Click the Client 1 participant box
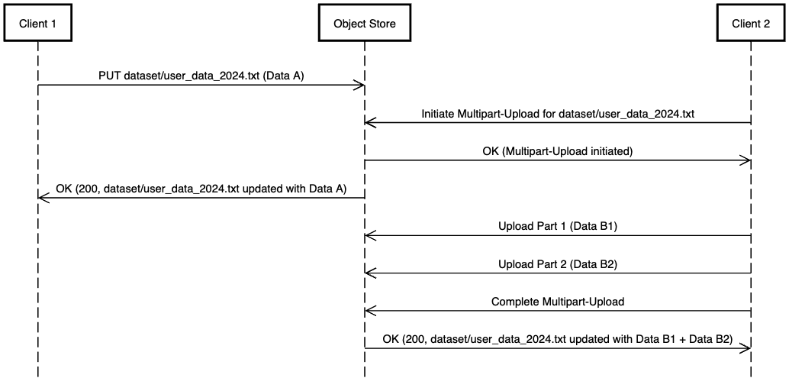[x=37, y=24]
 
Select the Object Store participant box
[x=365, y=24]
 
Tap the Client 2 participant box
[x=751, y=24]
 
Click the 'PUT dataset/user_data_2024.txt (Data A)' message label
[x=201, y=76]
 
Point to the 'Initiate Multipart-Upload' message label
[x=558, y=114]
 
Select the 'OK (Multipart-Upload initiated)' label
[x=558, y=151]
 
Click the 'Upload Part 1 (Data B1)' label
[x=558, y=227]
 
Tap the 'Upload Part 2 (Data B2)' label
[x=558, y=264]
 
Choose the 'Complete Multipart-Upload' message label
[x=558, y=302]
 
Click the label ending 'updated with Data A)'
[x=201, y=189]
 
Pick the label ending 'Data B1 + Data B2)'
[x=558, y=339]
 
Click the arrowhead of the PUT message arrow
[x=360, y=85]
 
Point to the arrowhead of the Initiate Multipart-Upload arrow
[x=370, y=122]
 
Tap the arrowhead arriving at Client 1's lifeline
[x=42, y=198]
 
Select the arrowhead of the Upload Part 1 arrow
[x=370, y=236]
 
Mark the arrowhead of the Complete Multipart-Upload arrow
[x=370, y=311]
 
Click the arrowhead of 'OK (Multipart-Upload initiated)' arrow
[x=746, y=160]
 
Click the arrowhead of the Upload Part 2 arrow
[x=370, y=273]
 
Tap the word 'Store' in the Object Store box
[x=382, y=24]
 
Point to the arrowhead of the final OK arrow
[x=746, y=348]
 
